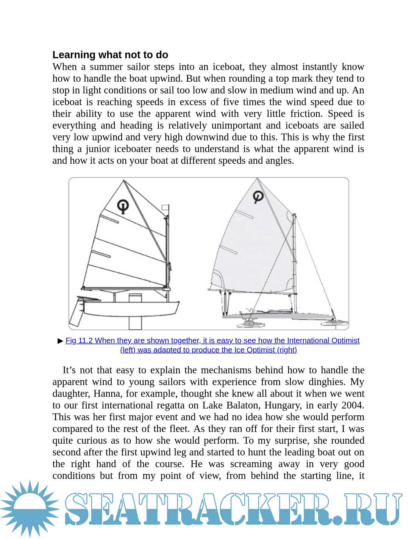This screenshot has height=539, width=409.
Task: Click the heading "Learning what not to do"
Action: tap(110, 55)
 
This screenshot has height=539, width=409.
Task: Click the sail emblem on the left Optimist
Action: tap(123, 206)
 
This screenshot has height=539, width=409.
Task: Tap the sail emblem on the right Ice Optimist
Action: tap(258, 196)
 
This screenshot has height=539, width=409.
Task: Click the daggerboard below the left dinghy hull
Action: tap(135, 322)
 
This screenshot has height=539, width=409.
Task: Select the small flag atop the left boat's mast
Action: tap(165, 207)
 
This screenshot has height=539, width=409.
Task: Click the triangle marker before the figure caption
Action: tap(60, 341)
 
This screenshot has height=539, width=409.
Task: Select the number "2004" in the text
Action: tap(352, 405)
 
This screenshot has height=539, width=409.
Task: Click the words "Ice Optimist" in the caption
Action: tap(254, 350)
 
